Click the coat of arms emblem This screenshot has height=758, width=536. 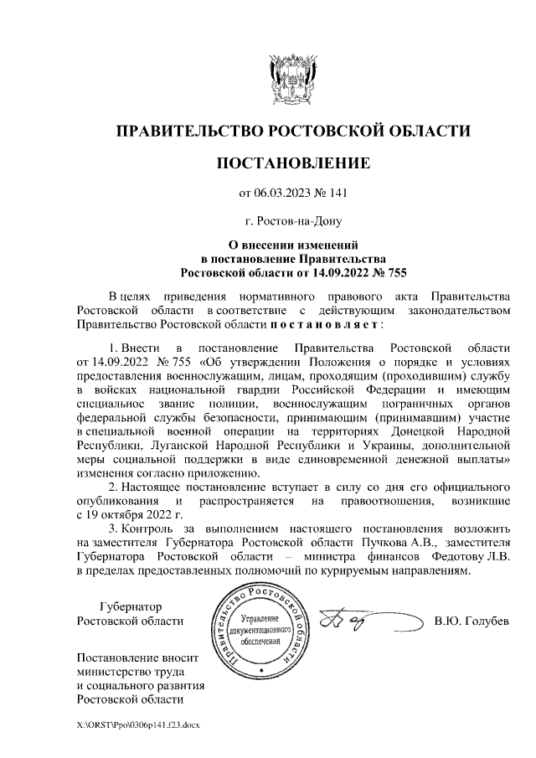click(x=292, y=79)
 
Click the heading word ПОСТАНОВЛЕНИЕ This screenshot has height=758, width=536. click(x=293, y=162)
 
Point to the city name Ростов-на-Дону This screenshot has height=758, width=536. click(x=293, y=224)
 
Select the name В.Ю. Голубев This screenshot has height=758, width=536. click(x=472, y=621)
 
